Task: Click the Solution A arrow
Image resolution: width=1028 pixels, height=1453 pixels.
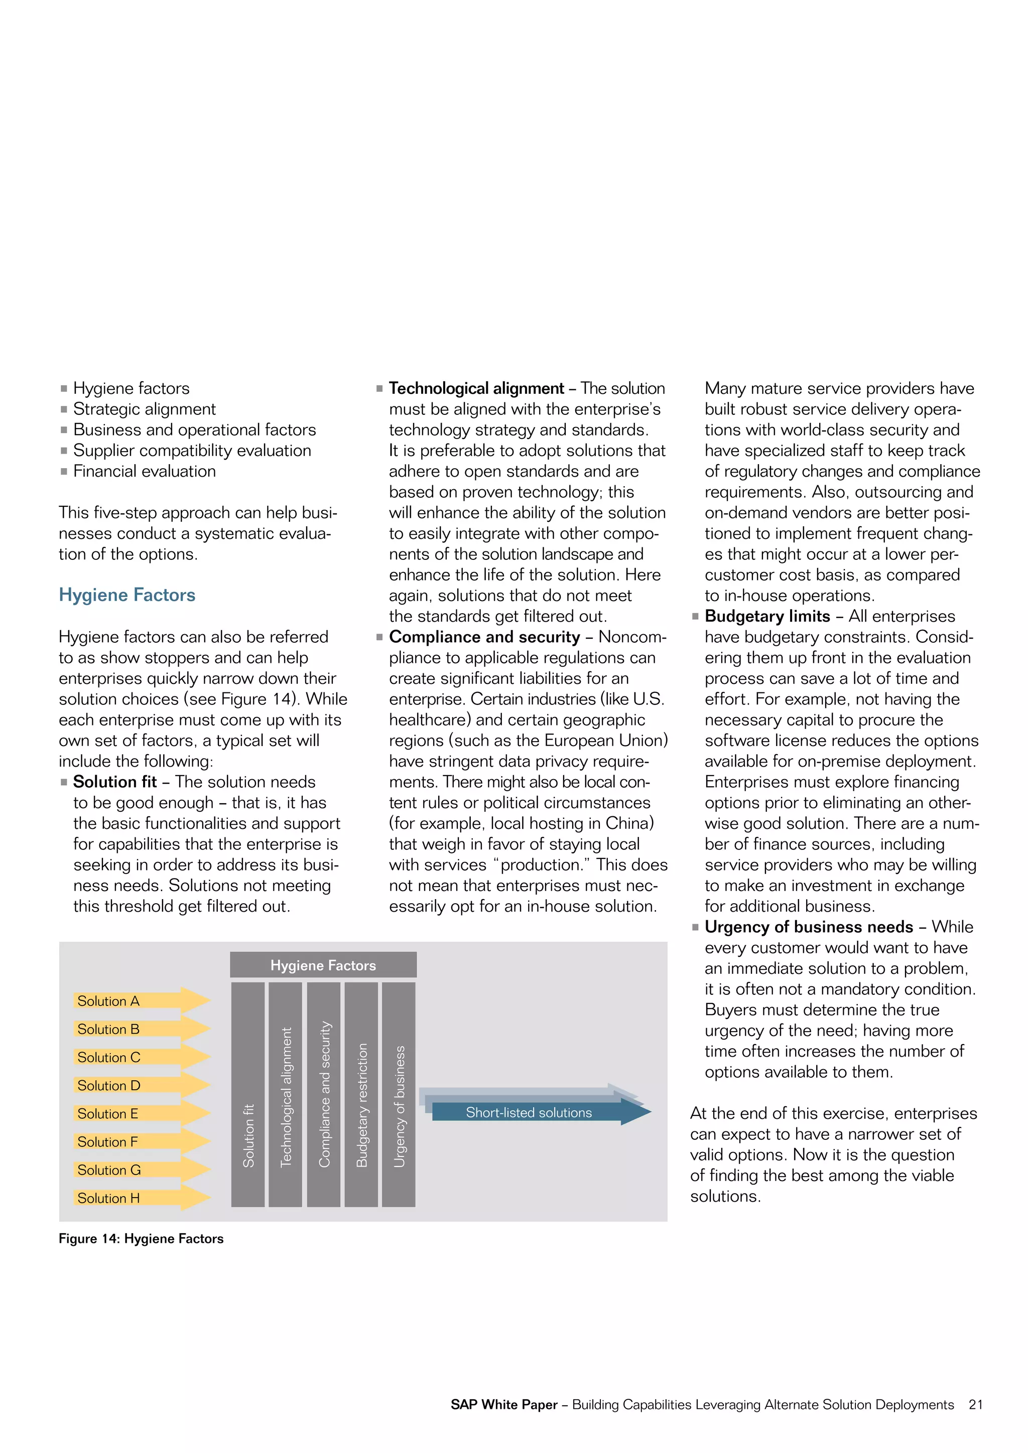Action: pyautogui.click(x=141, y=1000)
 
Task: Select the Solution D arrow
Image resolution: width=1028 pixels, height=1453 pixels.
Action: pyautogui.click(x=141, y=1085)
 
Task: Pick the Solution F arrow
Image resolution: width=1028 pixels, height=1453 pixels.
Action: pyautogui.click(x=141, y=1141)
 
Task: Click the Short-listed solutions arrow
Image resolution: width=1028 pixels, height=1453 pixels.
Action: pyautogui.click(x=535, y=1112)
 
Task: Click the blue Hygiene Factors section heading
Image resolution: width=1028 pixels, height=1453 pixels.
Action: pyautogui.click(x=127, y=595)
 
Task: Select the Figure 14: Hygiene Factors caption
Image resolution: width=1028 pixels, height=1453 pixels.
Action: pyautogui.click(x=141, y=1238)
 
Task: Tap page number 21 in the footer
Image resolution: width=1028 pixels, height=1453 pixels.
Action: pyautogui.click(x=975, y=1404)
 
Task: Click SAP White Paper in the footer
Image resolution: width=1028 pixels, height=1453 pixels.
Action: pyautogui.click(x=504, y=1404)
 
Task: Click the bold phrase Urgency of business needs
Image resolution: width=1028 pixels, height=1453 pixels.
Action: pyautogui.click(x=808, y=927)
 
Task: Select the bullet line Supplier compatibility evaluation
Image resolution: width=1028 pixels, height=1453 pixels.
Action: pyautogui.click(x=192, y=451)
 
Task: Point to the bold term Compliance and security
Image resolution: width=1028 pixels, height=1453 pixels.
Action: pyautogui.click(x=484, y=637)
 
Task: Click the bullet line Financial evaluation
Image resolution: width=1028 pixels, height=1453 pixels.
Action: pyautogui.click(x=145, y=472)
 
